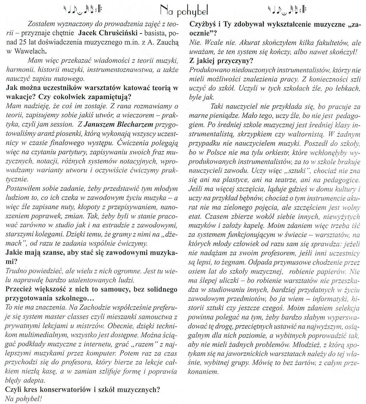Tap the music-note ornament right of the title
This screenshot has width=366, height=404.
287,10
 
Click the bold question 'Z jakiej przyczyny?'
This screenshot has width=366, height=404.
221,61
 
